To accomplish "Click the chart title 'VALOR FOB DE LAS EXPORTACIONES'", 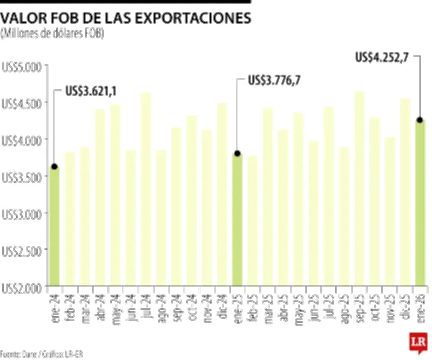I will [125, 18].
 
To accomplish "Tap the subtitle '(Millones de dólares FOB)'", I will [52, 34].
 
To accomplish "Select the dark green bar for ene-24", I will [54, 227].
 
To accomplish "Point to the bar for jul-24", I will [146, 189].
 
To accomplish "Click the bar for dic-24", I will [222, 194].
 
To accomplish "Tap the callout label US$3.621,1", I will [91, 92].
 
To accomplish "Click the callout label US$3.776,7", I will [274, 81].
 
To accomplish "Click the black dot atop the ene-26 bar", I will [420, 120].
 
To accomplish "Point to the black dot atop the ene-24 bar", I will [54, 166].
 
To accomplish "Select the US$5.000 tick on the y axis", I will [22, 66].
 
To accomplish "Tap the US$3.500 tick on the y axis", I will [22, 177].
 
